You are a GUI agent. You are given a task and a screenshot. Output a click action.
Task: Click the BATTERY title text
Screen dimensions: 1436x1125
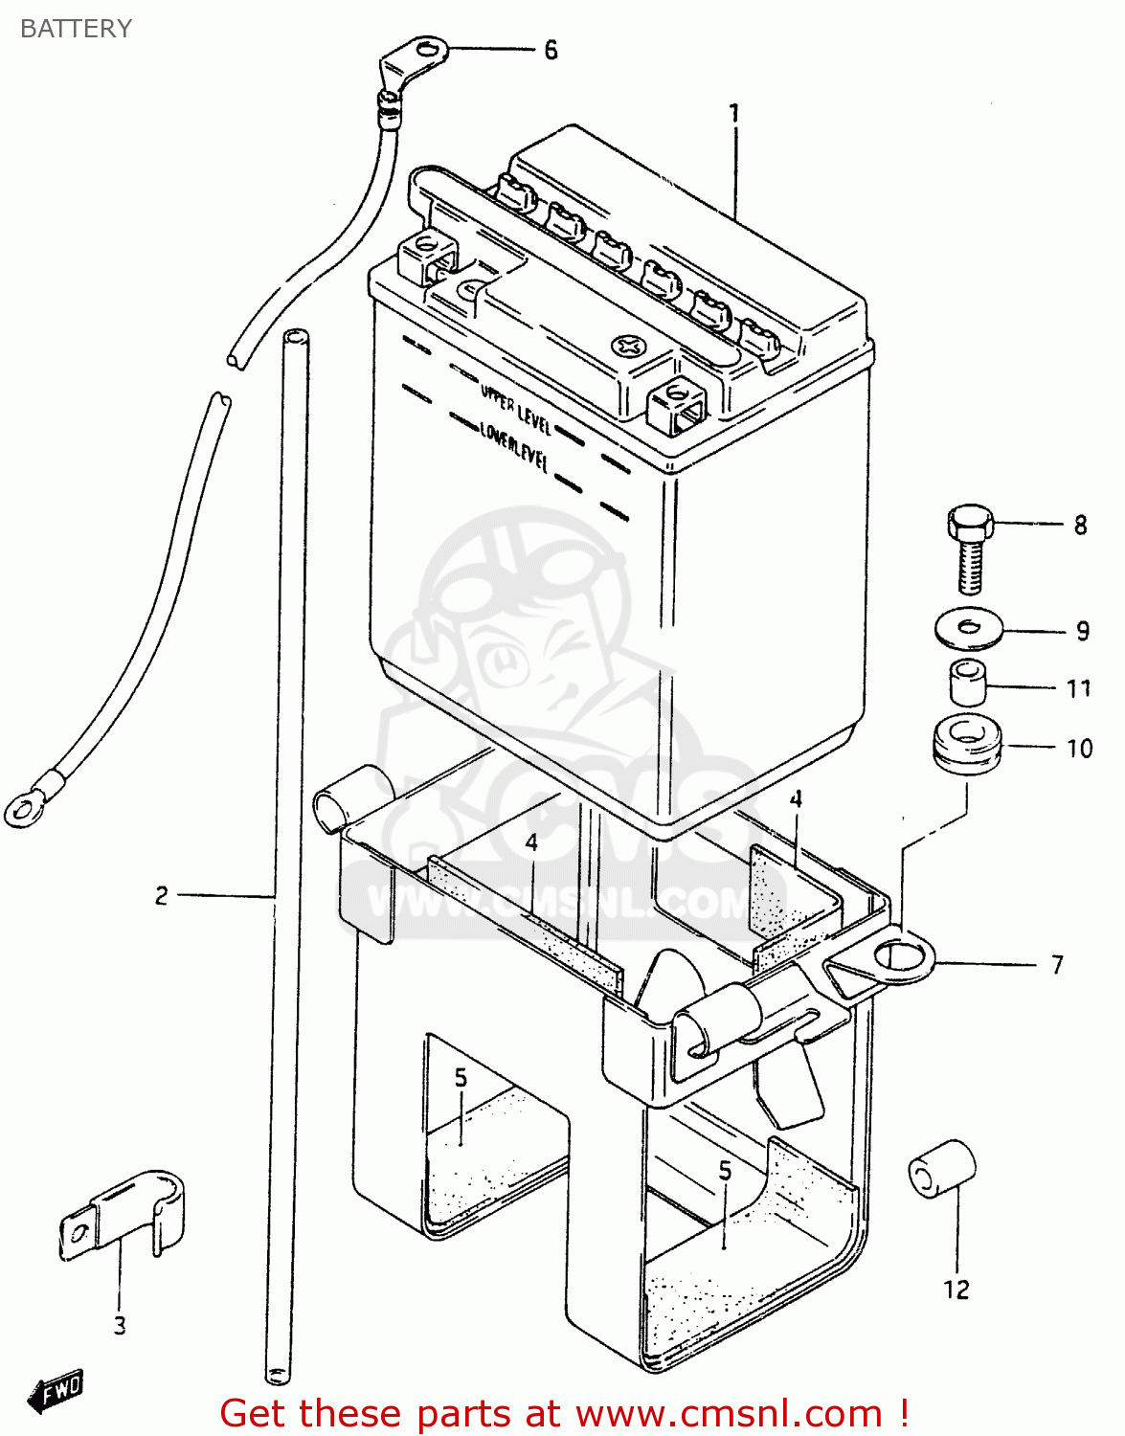pos(76,29)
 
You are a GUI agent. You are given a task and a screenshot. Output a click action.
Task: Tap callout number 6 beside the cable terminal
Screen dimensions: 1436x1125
pos(551,50)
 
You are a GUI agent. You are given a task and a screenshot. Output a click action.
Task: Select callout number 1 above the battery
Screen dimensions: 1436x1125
pos(734,114)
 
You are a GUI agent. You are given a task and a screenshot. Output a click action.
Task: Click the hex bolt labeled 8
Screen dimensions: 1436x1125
pos(970,547)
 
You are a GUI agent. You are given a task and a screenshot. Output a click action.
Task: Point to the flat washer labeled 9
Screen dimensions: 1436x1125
pos(968,628)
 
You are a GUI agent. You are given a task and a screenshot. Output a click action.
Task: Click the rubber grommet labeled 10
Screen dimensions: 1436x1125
pos(966,742)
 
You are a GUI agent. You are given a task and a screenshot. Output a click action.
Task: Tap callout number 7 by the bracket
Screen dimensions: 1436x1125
pos(1057,964)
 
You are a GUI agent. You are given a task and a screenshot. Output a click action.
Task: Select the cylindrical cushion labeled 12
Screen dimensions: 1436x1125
pos(941,1168)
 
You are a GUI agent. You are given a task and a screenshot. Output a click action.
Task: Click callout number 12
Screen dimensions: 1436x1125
pos(956,1290)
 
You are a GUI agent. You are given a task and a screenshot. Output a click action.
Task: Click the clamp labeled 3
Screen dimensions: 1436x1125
pos(124,1211)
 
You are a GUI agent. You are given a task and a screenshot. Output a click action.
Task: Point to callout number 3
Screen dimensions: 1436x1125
pos(120,1326)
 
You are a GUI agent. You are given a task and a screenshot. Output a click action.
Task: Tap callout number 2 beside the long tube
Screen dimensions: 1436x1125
pos(162,896)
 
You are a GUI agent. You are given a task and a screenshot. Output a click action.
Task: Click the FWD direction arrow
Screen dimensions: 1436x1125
pos(56,1390)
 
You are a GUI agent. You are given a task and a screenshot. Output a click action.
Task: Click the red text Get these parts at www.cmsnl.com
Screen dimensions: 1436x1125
pos(564,1413)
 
